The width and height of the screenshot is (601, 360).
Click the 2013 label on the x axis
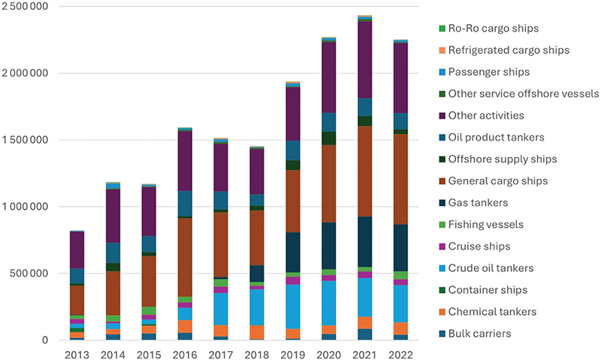(77, 352)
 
